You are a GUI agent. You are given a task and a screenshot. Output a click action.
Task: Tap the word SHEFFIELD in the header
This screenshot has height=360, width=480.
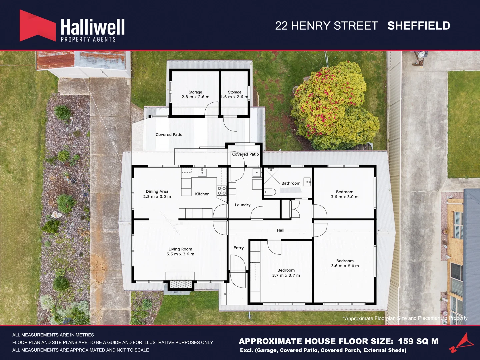pyautogui.click(x=419, y=26)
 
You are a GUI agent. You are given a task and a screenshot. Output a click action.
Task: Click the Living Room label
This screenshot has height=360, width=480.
pyautogui.click(x=180, y=249)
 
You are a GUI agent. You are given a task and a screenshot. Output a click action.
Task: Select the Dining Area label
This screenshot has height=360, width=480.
pyautogui.click(x=157, y=191)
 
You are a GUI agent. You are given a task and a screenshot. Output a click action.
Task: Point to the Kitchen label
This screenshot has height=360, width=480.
pyautogui.click(x=202, y=194)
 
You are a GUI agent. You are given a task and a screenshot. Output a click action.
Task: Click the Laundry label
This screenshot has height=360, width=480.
pyautogui.click(x=242, y=205)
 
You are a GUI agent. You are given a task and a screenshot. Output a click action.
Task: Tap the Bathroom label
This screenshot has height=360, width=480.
pyautogui.click(x=291, y=183)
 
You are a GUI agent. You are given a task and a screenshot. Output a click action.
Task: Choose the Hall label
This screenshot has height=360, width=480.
pyautogui.click(x=280, y=230)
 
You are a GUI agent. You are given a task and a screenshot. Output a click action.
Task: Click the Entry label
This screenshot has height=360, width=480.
pyautogui.click(x=238, y=248)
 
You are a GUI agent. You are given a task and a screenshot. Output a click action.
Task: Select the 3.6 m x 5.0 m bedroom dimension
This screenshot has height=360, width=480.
pyautogui.click(x=345, y=266)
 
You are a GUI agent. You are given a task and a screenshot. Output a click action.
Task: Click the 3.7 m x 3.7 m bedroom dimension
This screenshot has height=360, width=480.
pyautogui.click(x=286, y=276)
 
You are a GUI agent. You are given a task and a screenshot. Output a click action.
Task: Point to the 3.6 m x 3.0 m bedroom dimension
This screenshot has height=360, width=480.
pyautogui.click(x=344, y=197)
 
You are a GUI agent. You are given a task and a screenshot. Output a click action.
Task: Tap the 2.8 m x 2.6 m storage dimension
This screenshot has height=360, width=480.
pyautogui.click(x=195, y=97)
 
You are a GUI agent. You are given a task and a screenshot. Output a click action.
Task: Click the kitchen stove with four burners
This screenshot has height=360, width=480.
pyautogui.click(x=222, y=191)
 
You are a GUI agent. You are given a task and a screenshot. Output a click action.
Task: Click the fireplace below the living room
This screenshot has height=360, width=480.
pyautogui.click(x=180, y=284)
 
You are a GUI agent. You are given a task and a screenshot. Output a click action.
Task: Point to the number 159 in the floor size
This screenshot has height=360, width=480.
pyautogui.click(x=405, y=341)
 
